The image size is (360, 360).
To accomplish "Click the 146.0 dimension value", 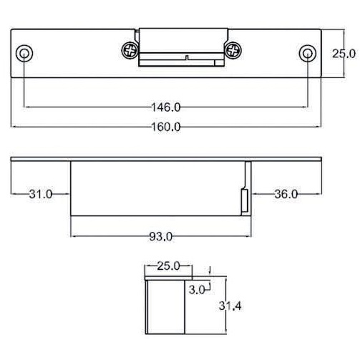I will (167, 107).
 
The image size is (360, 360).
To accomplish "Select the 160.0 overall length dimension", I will (167, 127).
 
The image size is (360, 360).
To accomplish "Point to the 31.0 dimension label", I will (41, 194).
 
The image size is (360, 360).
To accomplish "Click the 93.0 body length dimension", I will (160, 235).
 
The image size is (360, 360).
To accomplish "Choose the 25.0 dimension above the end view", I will (167, 267).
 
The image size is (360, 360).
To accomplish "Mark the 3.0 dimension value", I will (198, 290).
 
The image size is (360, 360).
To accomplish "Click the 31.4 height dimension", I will (228, 306).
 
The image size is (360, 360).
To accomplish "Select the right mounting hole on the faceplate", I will (307, 54).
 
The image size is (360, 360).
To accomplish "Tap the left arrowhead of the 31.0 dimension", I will (14, 194).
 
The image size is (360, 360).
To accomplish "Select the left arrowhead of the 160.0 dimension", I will (14, 127).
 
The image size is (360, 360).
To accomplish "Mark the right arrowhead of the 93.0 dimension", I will (253, 235).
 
